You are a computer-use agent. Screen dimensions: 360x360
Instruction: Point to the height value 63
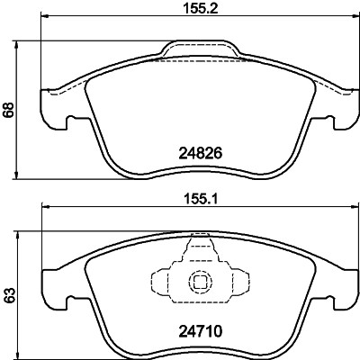(9, 293)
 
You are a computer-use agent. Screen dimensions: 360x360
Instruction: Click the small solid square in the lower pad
(198, 283)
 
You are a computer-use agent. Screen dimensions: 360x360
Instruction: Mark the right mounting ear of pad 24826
(342, 107)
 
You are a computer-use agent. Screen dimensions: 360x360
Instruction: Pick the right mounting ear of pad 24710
(342, 288)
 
